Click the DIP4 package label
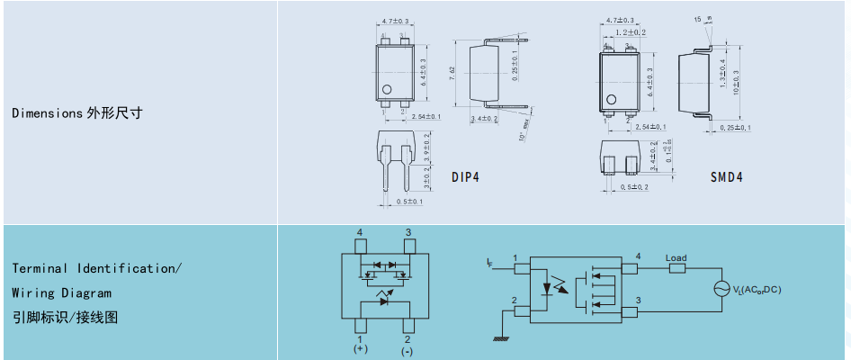click(x=465, y=177)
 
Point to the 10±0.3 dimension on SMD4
click(x=735, y=82)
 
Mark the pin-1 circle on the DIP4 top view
click(x=388, y=89)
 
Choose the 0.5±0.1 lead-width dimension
click(x=409, y=202)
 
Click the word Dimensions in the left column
click(x=47, y=113)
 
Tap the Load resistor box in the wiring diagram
click(x=676, y=267)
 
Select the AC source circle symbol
click(x=721, y=289)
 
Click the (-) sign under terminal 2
click(x=408, y=351)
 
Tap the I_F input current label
click(x=488, y=262)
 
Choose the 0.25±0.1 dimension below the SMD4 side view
click(x=735, y=128)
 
